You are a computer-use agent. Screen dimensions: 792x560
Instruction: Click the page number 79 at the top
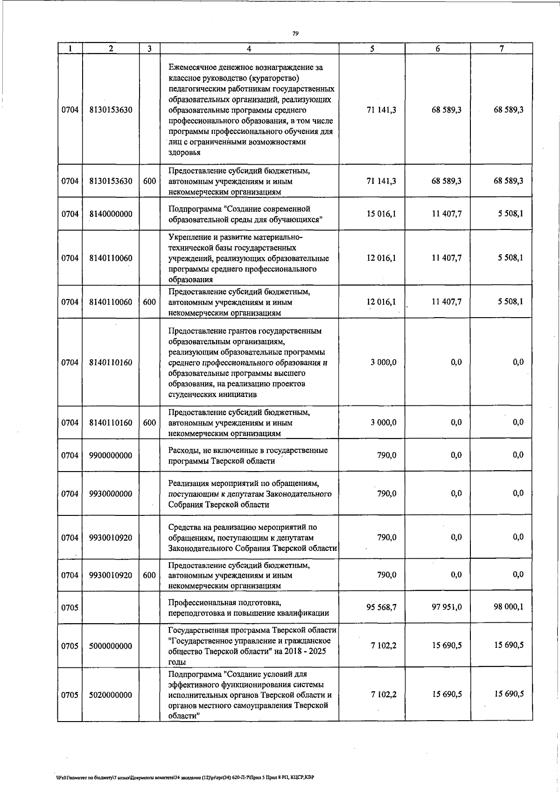point(295,34)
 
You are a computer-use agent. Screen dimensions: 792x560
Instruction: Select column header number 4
point(249,49)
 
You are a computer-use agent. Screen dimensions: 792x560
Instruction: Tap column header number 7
point(501,49)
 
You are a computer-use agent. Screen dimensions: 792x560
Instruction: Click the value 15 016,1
point(382,214)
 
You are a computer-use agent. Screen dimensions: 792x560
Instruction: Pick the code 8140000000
point(111,214)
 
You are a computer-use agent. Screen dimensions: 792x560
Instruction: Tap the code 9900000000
point(111,456)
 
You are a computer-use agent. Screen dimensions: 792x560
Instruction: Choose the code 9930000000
point(111,494)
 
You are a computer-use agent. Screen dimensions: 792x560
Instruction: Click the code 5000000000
point(111,646)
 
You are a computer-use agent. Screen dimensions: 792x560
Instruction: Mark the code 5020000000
point(111,695)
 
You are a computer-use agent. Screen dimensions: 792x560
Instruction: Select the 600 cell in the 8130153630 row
point(149,181)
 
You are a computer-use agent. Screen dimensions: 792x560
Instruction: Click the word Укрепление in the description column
point(189,237)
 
